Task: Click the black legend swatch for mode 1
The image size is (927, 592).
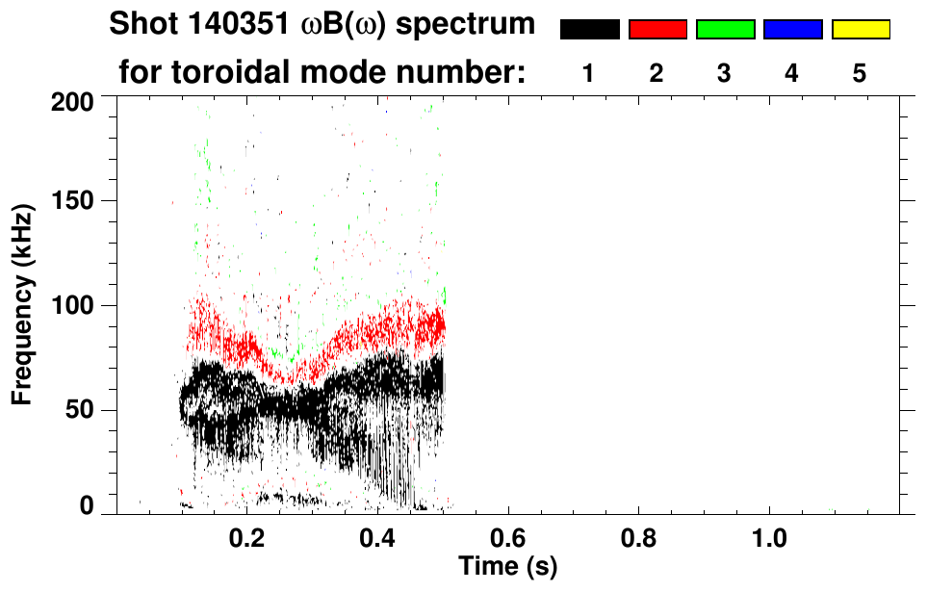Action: pyautogui.click(x=589, y=30)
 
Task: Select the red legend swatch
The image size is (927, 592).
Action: pyautogui.click(x=657, y=30)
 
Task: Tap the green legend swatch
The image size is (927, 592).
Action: pyautogui.click(x=725, y=30)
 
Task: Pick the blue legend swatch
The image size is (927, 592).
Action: pyautogui.click(x=792, y=30)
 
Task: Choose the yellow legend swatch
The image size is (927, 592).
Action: pyautogui.click(x=861, y=30)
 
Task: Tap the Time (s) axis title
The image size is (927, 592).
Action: pyautogui.click(x=507, y=564)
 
